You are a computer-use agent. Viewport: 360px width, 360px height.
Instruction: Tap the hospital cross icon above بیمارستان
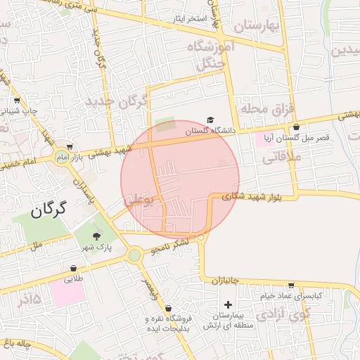[227, 304]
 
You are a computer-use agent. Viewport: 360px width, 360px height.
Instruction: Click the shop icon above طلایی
[73, 268]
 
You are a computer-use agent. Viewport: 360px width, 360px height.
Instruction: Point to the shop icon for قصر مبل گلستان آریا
[296, 127]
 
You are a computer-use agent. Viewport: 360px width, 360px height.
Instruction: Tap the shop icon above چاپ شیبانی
[16, 100]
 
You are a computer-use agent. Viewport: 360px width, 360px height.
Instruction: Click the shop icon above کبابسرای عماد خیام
[291, 285]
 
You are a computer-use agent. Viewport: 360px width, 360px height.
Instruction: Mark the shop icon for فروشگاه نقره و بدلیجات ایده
[168, 308]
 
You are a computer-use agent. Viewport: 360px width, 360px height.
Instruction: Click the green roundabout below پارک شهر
[134, 255]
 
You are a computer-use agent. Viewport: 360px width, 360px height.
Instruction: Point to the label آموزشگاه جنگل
[209, 55]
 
